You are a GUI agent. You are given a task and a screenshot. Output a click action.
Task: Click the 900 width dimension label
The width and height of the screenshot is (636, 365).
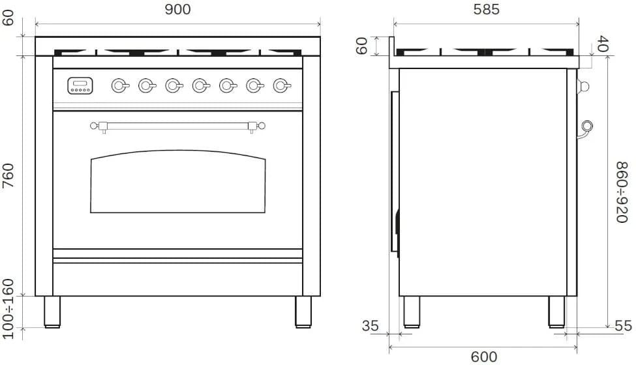click(x=177, y=9)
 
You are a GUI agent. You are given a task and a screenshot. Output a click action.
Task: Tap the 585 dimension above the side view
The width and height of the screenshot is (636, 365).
click(x=487, y=9)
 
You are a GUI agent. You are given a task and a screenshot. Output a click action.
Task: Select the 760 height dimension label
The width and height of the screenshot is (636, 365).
click(x=8, y=175)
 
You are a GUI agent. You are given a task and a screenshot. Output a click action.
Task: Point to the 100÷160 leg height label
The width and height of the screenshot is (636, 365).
click(x=8, y=309)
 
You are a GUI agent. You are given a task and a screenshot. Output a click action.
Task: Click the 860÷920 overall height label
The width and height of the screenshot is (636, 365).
click(x=622, y=192)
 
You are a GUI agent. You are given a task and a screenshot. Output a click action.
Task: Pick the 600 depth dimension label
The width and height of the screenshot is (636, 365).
click(x=484, y=357)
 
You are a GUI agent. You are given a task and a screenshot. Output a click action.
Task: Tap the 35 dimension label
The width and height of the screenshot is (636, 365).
click(x=370, y=326)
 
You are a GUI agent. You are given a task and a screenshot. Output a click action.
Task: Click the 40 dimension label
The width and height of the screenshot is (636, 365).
click(x=603, y=44)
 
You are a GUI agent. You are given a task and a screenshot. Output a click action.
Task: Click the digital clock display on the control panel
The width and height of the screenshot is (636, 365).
click(x=80, y=85)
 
